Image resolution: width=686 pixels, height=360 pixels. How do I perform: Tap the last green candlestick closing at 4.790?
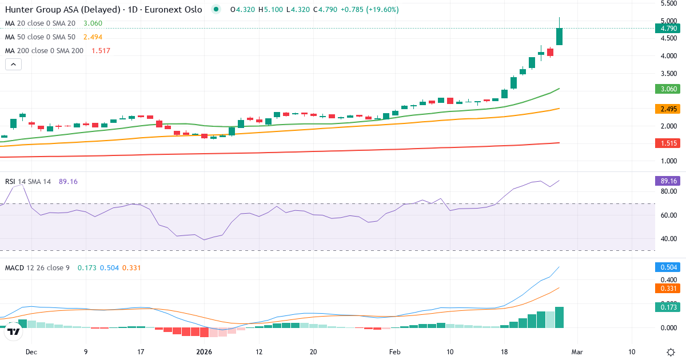coord(559,37)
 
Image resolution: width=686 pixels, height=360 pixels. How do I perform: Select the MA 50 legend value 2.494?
coord(93,37)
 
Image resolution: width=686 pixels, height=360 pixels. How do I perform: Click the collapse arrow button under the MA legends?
coord(13,65)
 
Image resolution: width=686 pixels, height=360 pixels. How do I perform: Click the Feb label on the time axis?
coord(395,352)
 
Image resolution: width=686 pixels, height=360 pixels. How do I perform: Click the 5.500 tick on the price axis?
coord(669,3)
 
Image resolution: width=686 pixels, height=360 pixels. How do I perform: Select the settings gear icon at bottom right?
coord(670,352)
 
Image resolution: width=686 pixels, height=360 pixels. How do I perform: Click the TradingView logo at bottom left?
coord(14,331)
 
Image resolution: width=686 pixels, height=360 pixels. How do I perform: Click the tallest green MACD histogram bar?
coord(559,317)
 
